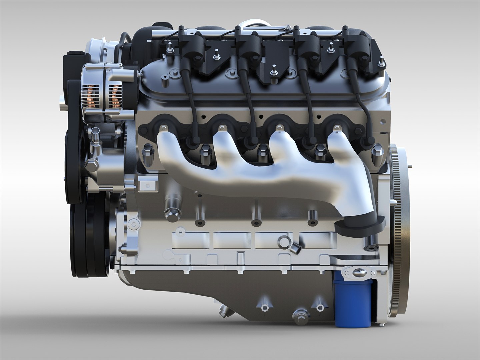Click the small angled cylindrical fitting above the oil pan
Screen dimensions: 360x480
click(295, 248)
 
